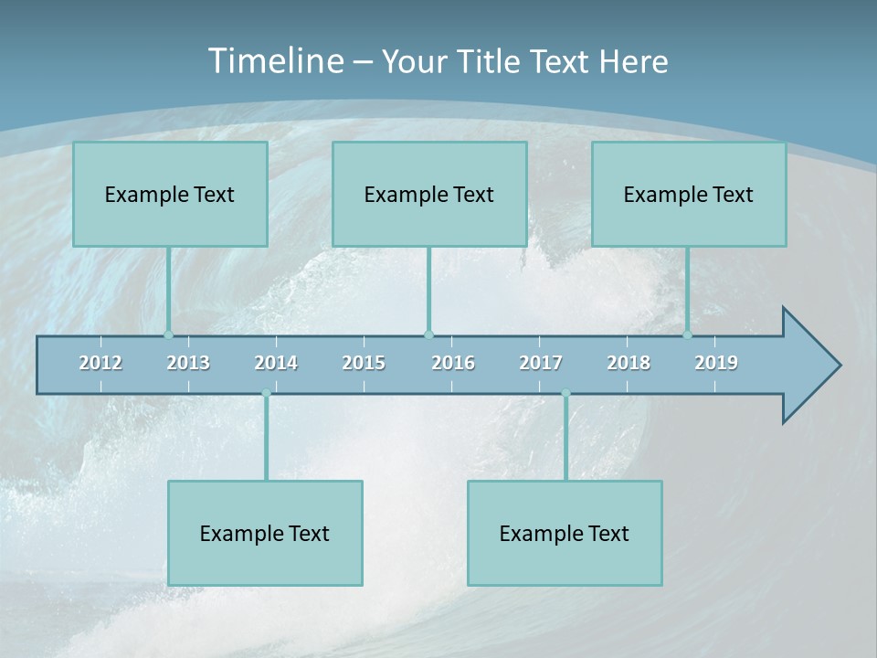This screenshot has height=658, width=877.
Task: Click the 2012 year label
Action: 100,363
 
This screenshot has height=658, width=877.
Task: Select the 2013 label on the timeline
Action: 188,363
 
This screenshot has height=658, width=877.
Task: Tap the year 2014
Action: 276,363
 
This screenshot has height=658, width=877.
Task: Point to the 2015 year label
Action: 364,363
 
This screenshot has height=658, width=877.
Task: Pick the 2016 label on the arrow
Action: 453,363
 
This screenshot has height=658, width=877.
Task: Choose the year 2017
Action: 541,363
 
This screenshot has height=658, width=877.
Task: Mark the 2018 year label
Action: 629,363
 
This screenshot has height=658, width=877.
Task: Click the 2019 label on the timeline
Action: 716,363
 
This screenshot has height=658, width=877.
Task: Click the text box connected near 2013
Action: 170,194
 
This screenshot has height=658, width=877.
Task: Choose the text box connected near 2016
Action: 429,194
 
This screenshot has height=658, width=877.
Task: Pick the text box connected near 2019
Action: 689,194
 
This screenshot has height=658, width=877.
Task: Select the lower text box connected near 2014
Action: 265,533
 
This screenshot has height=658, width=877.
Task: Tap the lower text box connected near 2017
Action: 565,533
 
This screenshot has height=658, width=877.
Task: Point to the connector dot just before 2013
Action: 168,334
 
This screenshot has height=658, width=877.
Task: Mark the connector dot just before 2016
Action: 428,334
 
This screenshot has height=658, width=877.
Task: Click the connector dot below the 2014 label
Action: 266,394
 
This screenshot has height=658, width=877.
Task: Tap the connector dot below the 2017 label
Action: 565,394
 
